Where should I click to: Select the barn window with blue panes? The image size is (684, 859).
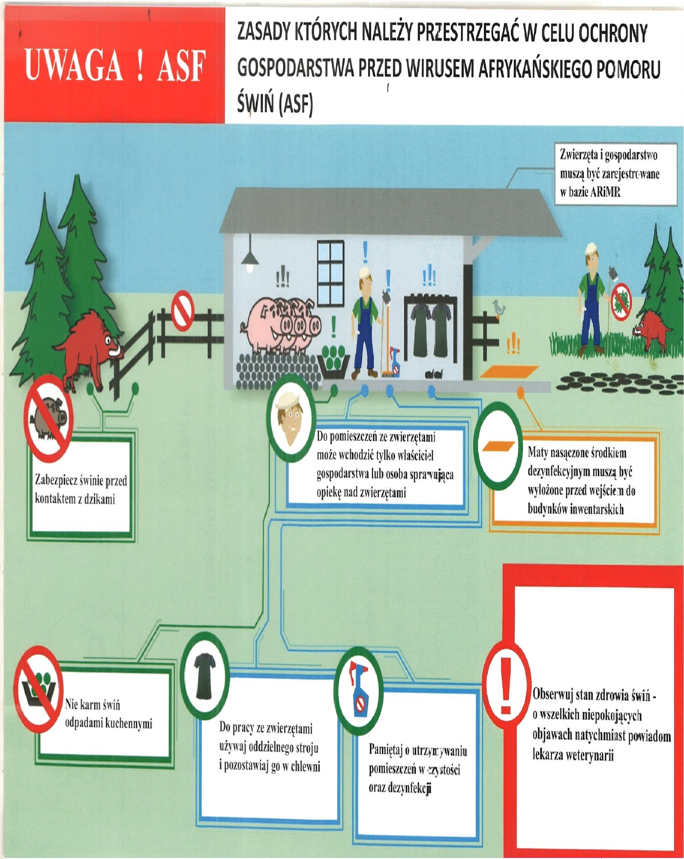pos(331,267)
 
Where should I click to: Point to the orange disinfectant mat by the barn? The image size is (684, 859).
pos(510,371)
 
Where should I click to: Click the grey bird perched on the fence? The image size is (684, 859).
pos(499,307)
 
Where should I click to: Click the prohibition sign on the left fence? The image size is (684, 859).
pos(183,311)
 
